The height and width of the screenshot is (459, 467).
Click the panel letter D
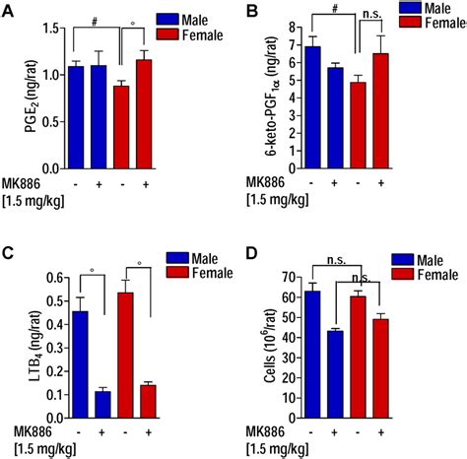point(253,257)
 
